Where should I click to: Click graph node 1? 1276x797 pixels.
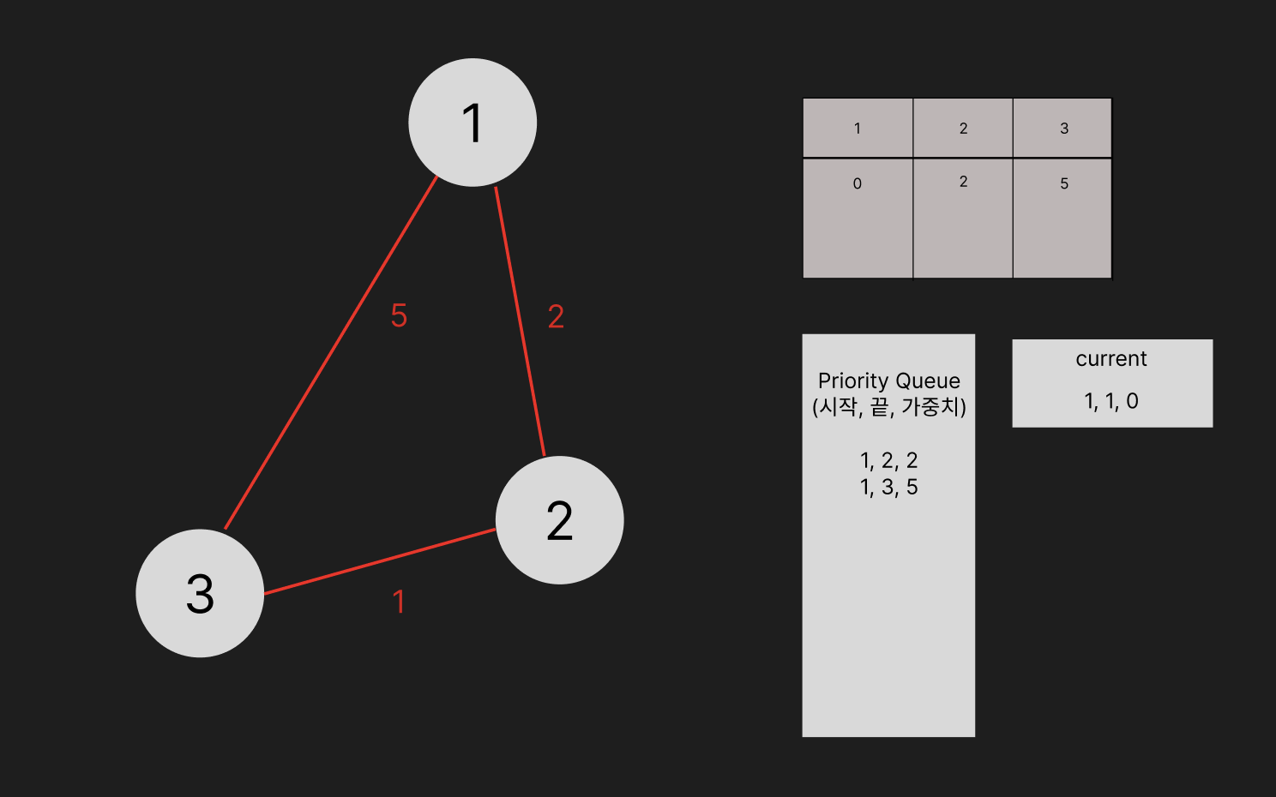point(472,123)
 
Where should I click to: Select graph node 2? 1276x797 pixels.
point(559,520)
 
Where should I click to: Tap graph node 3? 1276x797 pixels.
point(200,593)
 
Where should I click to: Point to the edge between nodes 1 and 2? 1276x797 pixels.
point(520,321)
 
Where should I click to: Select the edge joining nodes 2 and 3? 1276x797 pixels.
point(380,561)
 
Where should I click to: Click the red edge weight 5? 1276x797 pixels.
point(399,315)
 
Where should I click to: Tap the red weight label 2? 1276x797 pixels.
point(556,317)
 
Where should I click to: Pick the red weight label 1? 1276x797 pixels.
point(399,602)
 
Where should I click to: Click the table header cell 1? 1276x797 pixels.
point(857,129)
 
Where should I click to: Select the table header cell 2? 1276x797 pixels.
point(963,129)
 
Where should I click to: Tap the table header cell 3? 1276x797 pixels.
point(1063,129)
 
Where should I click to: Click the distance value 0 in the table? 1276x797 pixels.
point(857,183)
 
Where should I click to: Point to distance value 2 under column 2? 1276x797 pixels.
point(963,182)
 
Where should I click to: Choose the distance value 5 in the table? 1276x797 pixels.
point(1063,183)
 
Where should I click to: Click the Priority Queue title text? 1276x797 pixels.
point(888,381)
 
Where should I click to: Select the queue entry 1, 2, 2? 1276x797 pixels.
point(888,460)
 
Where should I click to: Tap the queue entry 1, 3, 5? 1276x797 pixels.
point(888,487)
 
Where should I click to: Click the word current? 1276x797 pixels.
point(1110,359)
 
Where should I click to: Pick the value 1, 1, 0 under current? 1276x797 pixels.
point(1110,401)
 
